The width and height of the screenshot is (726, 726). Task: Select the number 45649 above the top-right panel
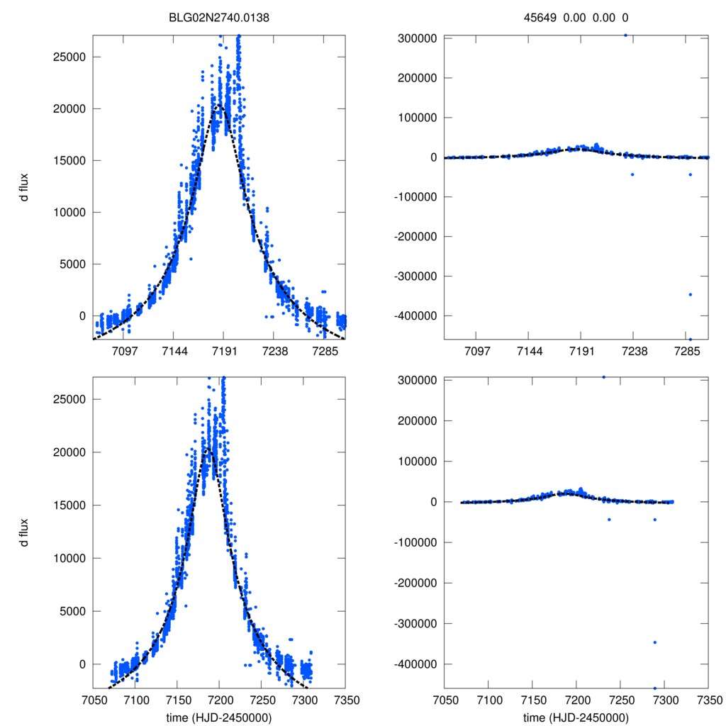pos(542,18)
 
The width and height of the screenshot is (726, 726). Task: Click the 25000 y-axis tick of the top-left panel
pos(69,57)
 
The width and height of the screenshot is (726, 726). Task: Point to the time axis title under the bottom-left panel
pos(219,717)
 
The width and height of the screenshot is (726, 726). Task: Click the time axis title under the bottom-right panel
pos(576,717)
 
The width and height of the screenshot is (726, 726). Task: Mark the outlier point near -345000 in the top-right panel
pos(690,294)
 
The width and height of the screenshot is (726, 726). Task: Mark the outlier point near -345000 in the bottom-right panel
pos(655,642)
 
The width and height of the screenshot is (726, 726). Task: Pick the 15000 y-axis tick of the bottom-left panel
pos(69,506)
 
